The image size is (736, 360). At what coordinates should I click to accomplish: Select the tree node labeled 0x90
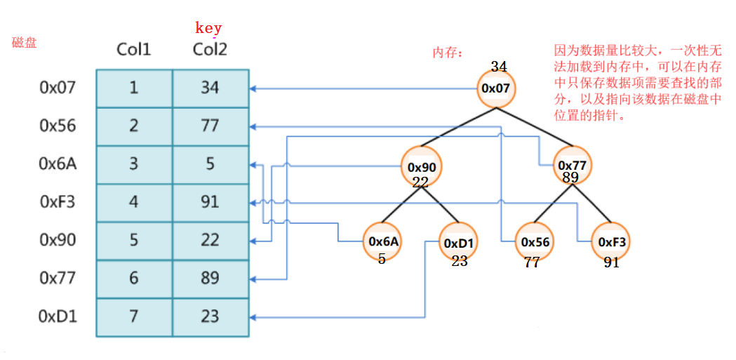[422, 167]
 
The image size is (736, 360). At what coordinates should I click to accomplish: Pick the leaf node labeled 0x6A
[383, 241]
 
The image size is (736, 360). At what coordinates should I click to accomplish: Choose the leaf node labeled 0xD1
[460, 242]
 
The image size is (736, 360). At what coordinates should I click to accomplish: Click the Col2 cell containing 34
[210, 88]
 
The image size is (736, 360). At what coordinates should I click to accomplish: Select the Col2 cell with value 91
[210, 202]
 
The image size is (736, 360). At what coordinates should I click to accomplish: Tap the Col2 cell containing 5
[210, 164]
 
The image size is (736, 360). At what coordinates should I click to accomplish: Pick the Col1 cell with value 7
[134, 316]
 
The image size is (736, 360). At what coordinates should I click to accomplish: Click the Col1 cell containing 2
[134, 126]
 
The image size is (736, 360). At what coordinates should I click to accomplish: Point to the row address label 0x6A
[58, 164]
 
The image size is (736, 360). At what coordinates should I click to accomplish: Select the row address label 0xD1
[58, 316]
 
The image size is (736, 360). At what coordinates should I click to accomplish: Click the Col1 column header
[133, 50]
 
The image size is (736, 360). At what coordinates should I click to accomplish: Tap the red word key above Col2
[208, 28]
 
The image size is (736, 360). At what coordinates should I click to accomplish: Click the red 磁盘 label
[25, 42]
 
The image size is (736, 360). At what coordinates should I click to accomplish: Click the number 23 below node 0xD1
[460, 261]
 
